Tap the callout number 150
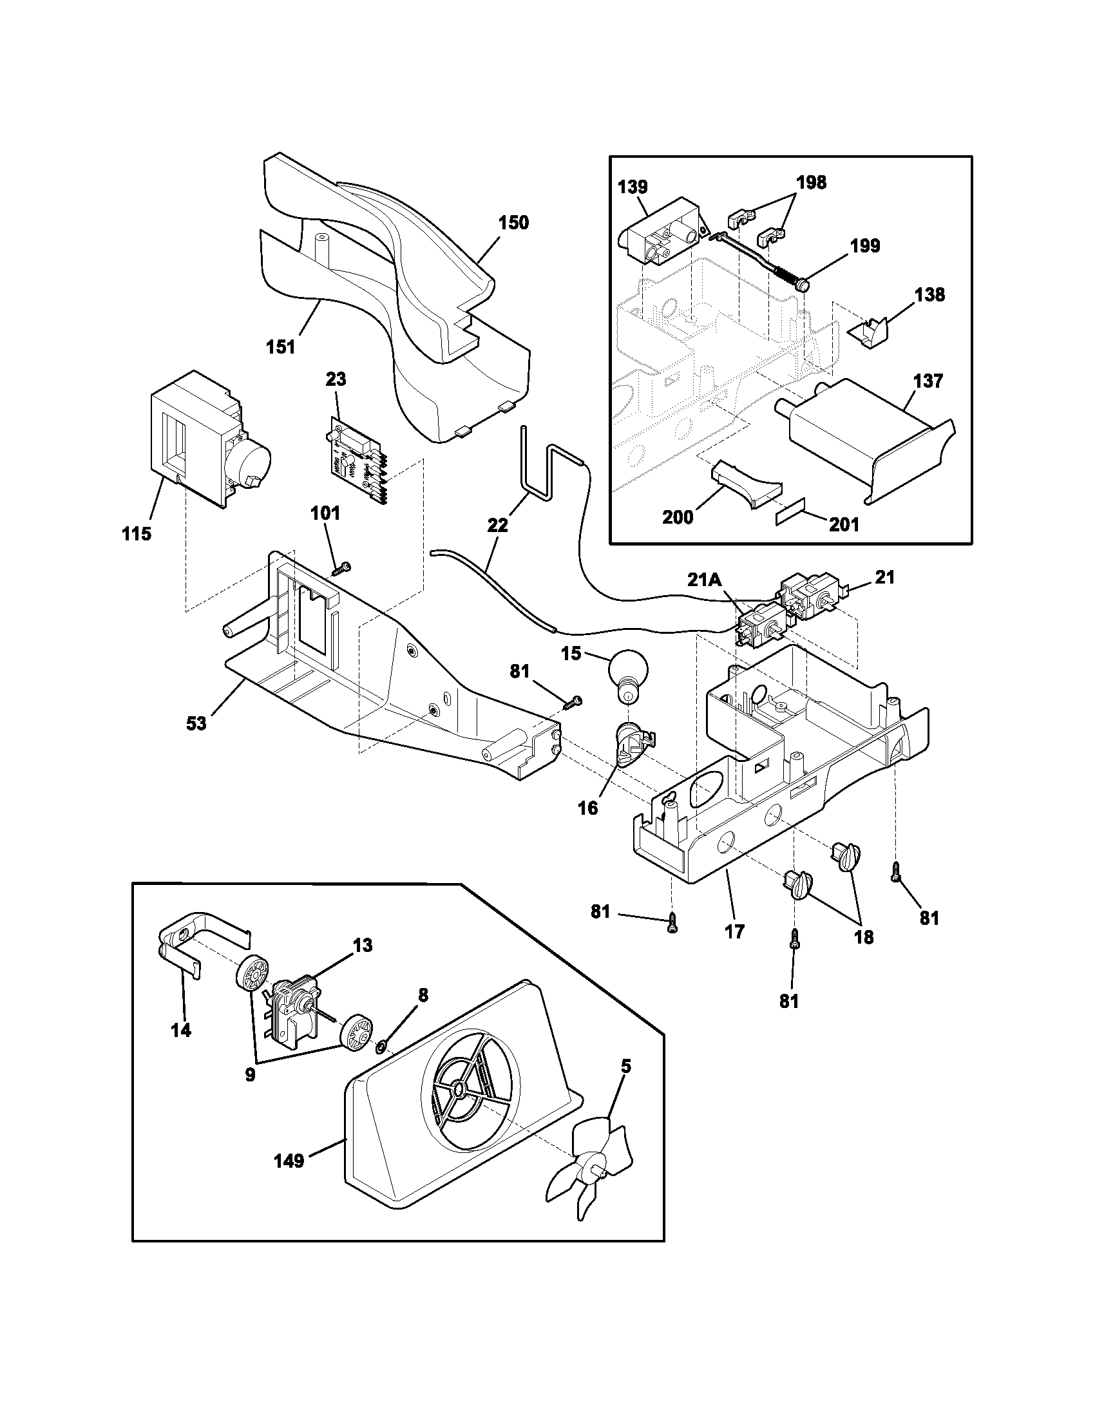point(513,223)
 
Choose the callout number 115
point(136,534)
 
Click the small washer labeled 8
point(382,1045)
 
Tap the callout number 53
point(196,723)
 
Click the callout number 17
point(735,932)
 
